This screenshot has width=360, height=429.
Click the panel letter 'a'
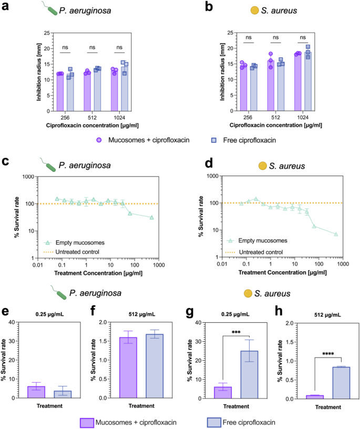click(x=5, y=7)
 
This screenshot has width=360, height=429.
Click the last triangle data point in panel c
click(x=151, y=217)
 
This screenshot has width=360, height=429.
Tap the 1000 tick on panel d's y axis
click(x=214, y=177)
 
